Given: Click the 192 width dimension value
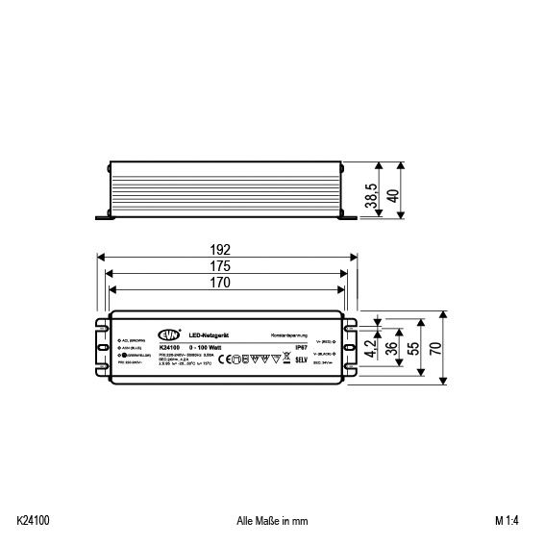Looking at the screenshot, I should pyautogui.click(x=225, y=249).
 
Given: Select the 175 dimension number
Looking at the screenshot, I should pyautogui.click(x=225, y=266).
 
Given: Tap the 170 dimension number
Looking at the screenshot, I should pyautogui.click(x=225, y=283).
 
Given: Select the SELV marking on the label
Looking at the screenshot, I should pyautogui.click(x=300, y=359).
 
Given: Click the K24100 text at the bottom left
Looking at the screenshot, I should pyautogui.click(x=34, y=521).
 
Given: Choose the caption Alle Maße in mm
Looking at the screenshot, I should pyautogui.click(x=272, y=521).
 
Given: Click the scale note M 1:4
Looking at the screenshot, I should pyautogui.click(x=507, y=521).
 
